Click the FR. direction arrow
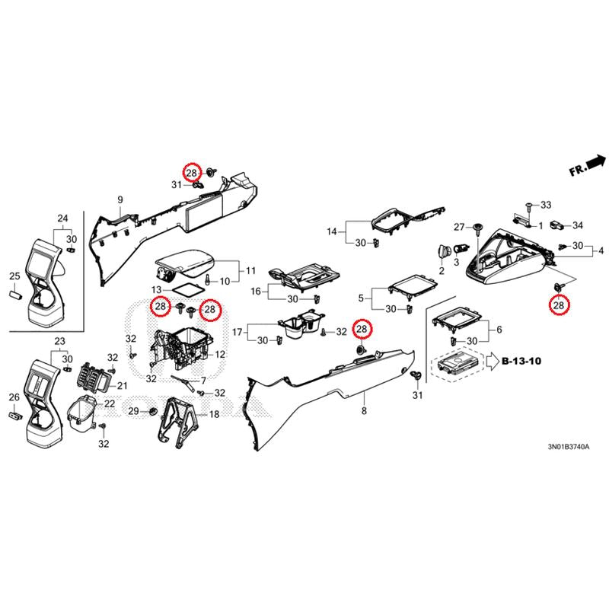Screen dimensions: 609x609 587,165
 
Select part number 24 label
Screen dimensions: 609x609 62,218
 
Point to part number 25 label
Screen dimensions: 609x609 14,276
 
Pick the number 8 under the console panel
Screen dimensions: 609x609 364,411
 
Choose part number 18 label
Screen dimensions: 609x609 214,414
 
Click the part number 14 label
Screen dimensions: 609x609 332,231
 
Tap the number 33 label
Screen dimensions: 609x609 545,206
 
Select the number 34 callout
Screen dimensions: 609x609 578,225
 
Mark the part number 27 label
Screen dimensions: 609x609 458,227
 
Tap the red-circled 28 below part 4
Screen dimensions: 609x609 560,305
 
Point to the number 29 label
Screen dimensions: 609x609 133,411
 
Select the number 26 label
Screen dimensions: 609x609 14,397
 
